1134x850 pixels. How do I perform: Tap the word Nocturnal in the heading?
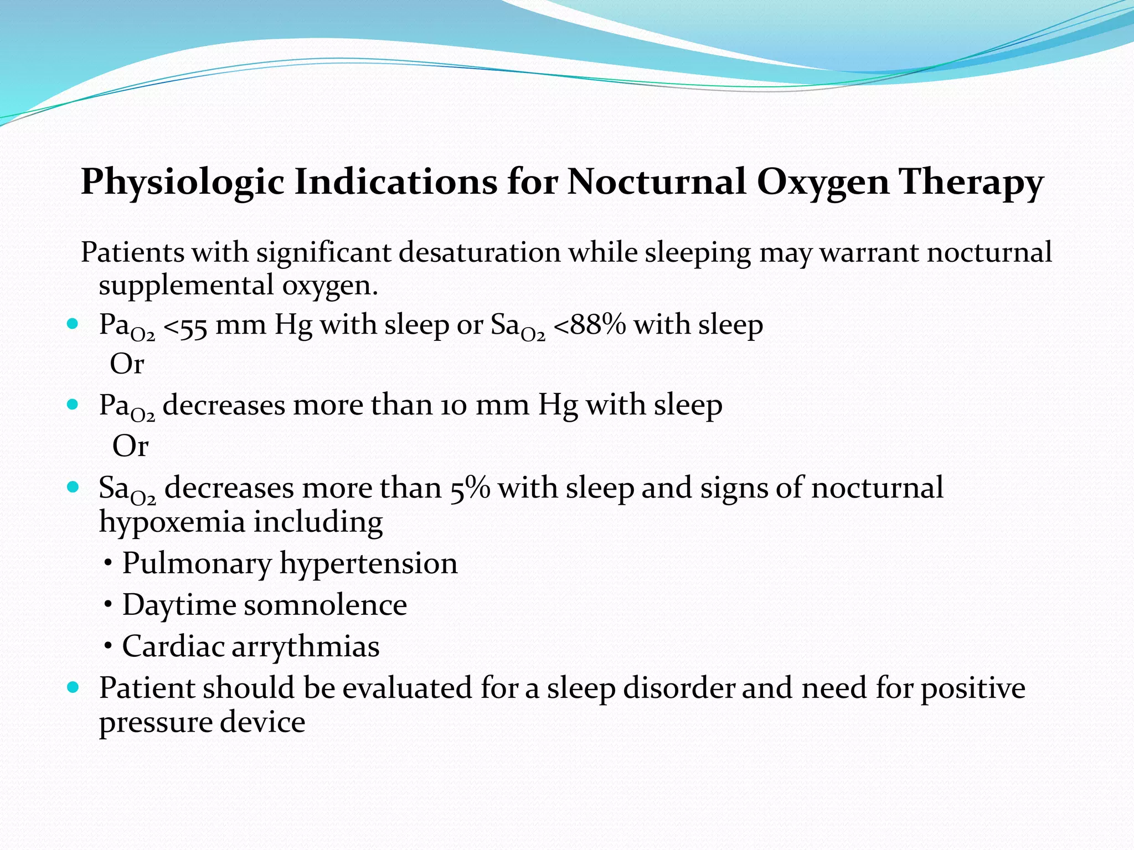coord(656,182)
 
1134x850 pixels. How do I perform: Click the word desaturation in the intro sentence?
coord(480,252)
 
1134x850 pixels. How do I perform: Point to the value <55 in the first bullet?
coord(186,326)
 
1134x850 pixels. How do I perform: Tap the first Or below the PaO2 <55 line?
coord(127,364)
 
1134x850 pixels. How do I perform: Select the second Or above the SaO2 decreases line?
coord(130,446)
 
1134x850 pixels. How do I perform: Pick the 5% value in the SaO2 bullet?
coord(470,489)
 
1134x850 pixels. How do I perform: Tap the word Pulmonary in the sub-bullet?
coord(197,564)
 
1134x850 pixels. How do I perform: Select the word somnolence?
coord(325,605)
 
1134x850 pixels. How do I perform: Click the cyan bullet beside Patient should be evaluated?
coord(73,688)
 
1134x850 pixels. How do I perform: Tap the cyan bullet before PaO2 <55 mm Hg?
coord(73,324)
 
